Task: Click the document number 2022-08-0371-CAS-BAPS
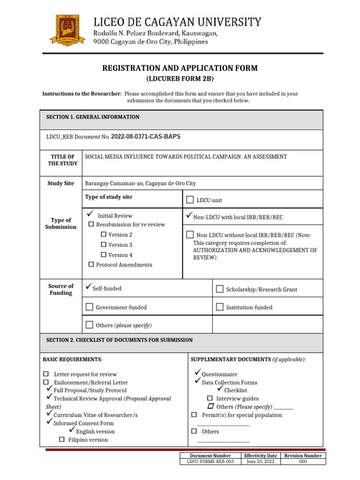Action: pos(145,137)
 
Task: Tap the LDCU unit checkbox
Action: pos(190,200)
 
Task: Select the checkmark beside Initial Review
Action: pos(90,215)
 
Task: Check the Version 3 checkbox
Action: pos(104,245)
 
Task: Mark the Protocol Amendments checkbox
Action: pos(91,265)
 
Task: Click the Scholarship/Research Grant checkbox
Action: pos(219,289)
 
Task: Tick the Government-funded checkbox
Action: pos(90,307)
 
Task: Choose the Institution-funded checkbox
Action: pos(219,307)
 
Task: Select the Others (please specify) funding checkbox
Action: pos(90,325)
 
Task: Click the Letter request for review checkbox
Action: pos(46,374)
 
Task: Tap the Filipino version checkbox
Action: pos(61,440)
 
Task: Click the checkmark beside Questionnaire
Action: pos(197,373)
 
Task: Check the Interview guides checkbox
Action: pos(210,398)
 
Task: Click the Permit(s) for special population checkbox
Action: pos(194,415)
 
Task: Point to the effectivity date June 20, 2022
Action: pos(261,462)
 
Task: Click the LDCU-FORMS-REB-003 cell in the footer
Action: pos(210,462)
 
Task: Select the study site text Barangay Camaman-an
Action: pos(140,183)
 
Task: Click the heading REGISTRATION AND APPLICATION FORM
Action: pos(180,68)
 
